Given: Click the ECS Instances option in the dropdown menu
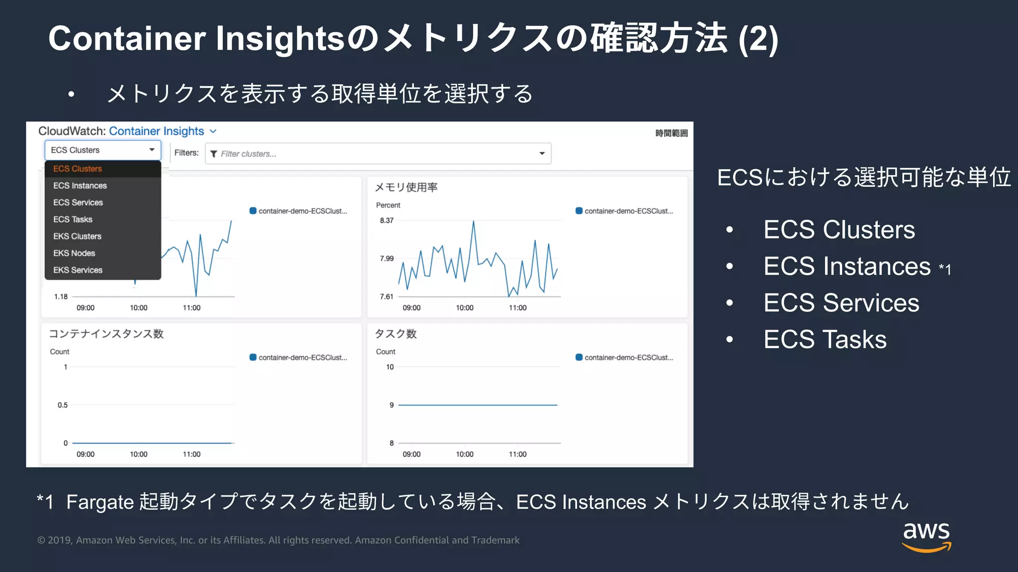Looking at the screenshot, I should pos(80,186).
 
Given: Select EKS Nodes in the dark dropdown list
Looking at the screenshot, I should pos(74,253).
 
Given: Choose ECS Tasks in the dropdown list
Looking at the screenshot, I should pos(73,219).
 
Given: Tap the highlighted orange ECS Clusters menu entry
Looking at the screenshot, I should pos(78,169).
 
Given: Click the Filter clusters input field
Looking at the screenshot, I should pos(373,154).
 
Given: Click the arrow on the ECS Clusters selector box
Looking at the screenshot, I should pos(152,150).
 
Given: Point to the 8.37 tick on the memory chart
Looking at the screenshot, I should pos(387,220).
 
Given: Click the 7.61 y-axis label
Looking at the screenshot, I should pos(387,296).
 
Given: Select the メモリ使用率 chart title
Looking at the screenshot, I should pos(406,187).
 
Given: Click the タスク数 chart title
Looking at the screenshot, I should pos(395,334).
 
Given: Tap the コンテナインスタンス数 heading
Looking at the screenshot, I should pos(106,334).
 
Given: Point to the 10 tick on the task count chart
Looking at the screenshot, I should pos(390,367).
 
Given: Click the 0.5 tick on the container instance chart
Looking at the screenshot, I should pos(63,405).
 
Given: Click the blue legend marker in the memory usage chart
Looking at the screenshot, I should pos(579,211).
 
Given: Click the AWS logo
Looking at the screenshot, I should pos(926,536).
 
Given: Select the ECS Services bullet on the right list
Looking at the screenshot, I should pos(841,303).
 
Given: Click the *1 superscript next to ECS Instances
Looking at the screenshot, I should pos(945,270).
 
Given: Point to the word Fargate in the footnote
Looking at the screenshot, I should pos(100,502).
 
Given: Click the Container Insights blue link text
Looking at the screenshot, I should pos(157,131).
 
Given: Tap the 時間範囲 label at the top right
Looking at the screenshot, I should pos(671,133).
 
